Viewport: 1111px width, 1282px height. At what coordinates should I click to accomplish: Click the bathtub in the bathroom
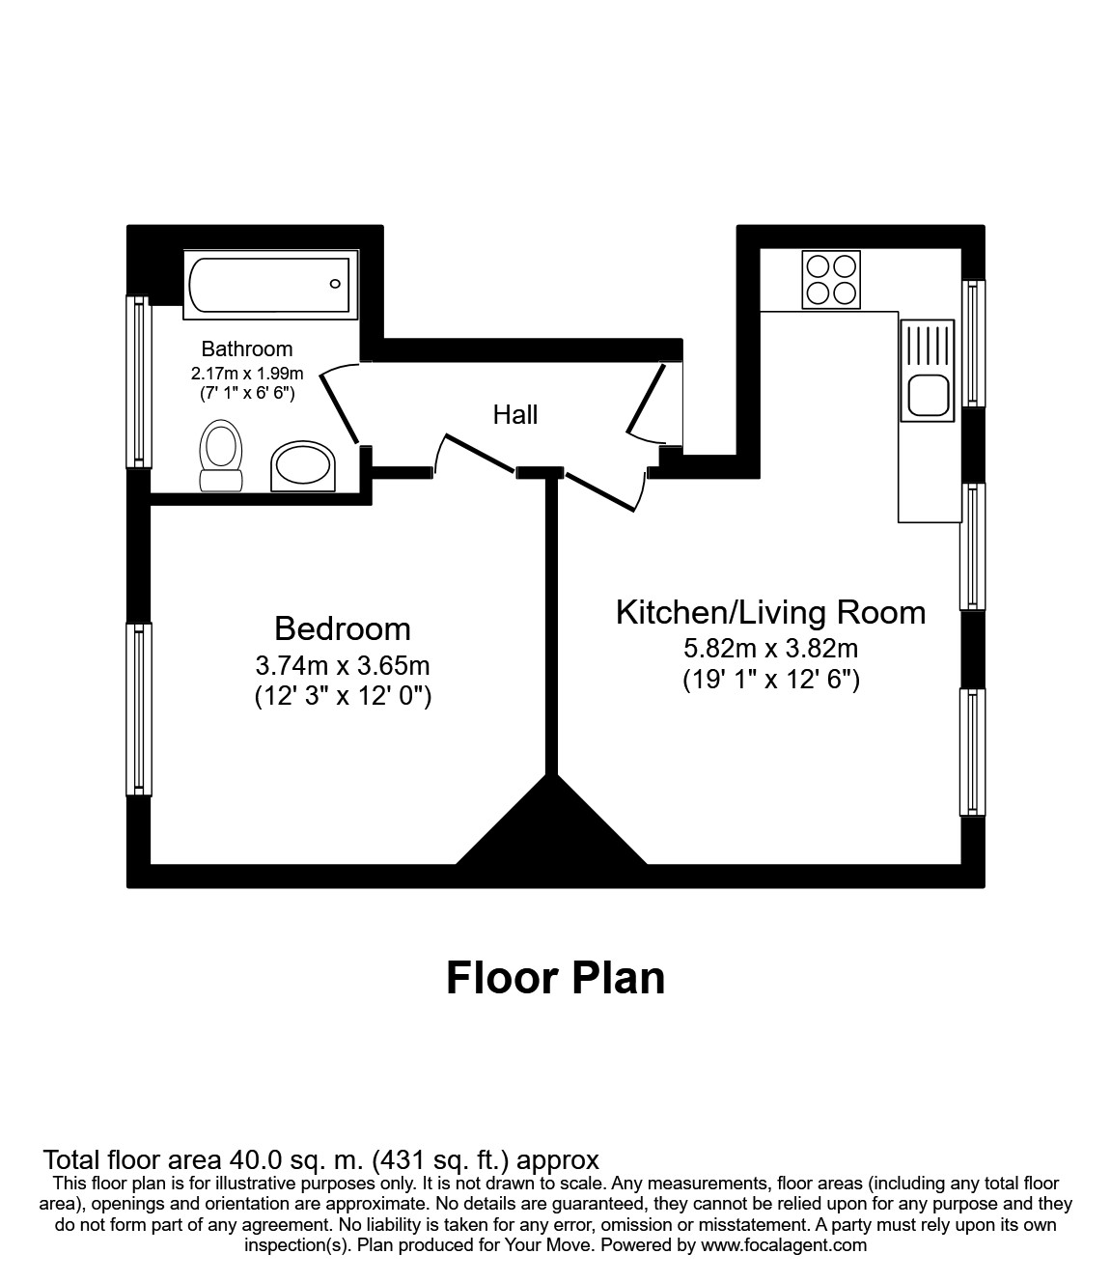(x=269, y=284)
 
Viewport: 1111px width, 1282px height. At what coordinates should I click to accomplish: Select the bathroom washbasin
(x=304, y=467)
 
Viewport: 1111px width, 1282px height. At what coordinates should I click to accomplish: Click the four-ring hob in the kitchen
(x=831, y=279)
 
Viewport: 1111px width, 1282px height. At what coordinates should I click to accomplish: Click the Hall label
(x=514, y=415)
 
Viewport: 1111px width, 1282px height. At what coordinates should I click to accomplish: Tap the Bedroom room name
(x=343, y=628)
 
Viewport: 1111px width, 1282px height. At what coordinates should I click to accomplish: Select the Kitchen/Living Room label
(x=770, y=612)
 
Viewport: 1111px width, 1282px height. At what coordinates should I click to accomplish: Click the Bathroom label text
(x=246, y=348)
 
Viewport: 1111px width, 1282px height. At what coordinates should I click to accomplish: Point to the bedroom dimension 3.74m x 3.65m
(x=343, y=665)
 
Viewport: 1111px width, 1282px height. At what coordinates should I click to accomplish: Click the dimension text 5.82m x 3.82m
(x=770, y=649)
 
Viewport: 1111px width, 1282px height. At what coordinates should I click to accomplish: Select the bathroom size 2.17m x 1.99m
(x=247, y=373)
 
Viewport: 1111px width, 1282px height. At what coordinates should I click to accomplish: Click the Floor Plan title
(x=555, y=978)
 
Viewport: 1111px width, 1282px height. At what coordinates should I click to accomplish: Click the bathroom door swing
(x=338, y=405)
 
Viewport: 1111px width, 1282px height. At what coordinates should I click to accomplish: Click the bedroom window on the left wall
(x=140, y=709)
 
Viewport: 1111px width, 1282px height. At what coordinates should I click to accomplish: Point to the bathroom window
(x=140, y=380)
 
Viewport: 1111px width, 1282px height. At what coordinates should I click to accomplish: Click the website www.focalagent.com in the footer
(x=784, y=1245)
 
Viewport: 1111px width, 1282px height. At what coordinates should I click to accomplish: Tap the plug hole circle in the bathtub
(x=335, y=284)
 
